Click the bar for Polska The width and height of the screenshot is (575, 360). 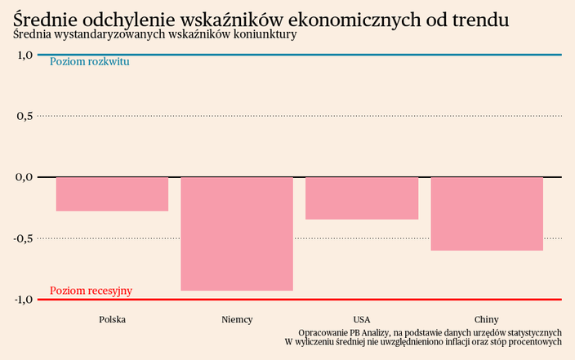point(112,194)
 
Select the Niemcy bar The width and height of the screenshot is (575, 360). point(237,233)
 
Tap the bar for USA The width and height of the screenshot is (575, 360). point(362,198)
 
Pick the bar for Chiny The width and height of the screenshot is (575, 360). point(487,214)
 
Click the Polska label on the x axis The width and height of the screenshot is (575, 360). point(112,319)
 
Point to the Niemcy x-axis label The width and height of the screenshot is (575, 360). point(237,319)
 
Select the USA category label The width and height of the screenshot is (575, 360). point(362,319)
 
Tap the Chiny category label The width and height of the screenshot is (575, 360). point(487,319)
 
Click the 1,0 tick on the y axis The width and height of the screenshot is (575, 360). point(24,55)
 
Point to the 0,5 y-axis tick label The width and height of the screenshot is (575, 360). point(24,116)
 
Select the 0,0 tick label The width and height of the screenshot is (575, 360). point(24,177)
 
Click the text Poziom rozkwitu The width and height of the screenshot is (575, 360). point(90,62)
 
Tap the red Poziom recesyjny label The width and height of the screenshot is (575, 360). point(91,291)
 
